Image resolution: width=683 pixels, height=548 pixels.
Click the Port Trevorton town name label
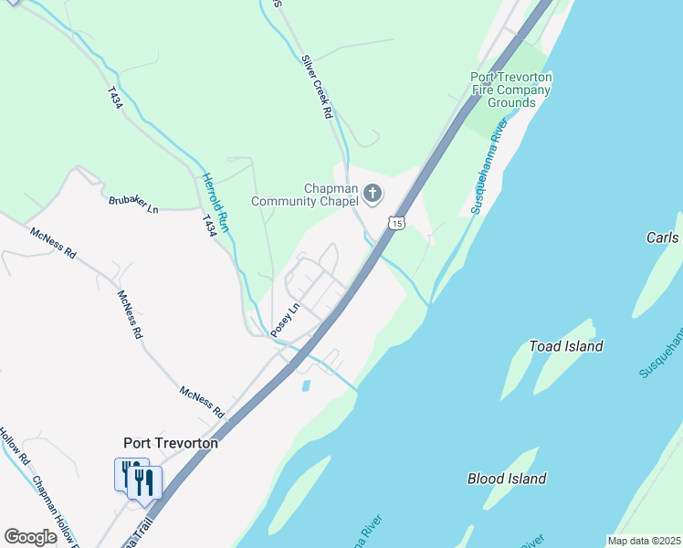pos(171,443)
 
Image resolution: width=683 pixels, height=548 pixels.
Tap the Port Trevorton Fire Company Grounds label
pos(511,90)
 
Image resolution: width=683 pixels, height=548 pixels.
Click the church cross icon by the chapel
pos(372,193)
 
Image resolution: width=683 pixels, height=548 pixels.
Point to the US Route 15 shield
pos(395,222)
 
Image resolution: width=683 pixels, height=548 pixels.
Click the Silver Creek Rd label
pos(317,87)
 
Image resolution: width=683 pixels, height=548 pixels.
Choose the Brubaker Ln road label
pos(133,205)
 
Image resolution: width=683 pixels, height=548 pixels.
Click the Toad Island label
pos(566,346)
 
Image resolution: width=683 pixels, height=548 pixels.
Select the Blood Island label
pos(507,479)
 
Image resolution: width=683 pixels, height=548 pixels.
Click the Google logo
pos(30,537)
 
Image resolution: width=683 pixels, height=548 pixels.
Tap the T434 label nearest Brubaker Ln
pos(212,223)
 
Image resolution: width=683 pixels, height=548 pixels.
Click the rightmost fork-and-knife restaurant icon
pos(145,481)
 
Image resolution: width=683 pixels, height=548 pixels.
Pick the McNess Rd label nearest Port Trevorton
pos(202,402)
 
